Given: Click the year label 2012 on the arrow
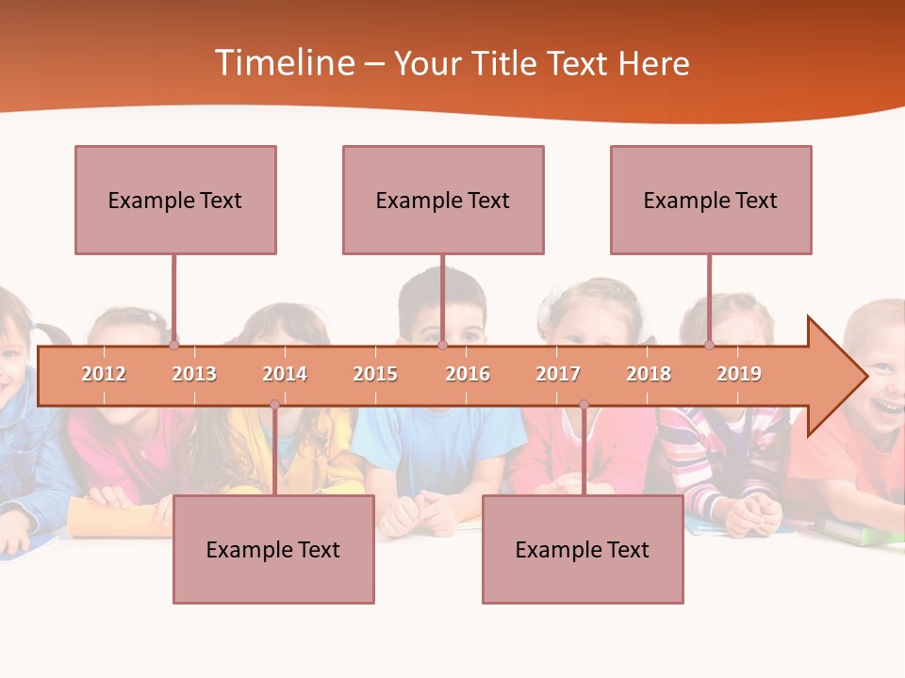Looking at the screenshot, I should pyautogui.click(x=104, y=374).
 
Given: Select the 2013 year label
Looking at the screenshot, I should pyautogui.click(x=194, y=374).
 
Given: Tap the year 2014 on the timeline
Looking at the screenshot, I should pyautogui.click(x=285, y=374).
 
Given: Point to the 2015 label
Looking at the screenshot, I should pyautogui.click(x=375, y=374).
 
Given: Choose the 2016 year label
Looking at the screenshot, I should pyautogui.click(x=468, y=374).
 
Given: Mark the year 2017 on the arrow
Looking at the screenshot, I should pyautogui.click(x=558, y=374).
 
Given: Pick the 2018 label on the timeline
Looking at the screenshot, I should pyautogui.click(x=649, y=374).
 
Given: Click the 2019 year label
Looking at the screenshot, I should pyautogui.click(x=739, y=374).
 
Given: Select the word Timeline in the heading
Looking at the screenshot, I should pyautogui.click(x=285, y=63).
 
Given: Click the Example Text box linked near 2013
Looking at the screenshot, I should pyautogui.click(x=175, y=200).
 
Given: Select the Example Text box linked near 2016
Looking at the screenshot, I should pyautogui.click(x=443, y=200).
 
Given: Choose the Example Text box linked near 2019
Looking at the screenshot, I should pyautogui.click(x=711, y=200).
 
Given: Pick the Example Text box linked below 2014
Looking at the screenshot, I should pyautogui.click(x=273, y=549).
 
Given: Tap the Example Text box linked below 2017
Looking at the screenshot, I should pyautogui.click(x=583, y=549).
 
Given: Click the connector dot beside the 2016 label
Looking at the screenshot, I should pyautogui.click(x=442, y=345).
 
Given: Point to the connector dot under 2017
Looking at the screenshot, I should pyautogui.click(x=584, y=405).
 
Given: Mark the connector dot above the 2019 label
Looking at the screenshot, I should pyautogui.click(x=710, y=345).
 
